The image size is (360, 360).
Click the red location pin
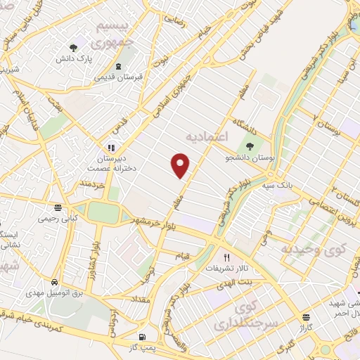[x=181, y=165]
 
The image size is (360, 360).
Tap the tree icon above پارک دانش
[x=74, y=48]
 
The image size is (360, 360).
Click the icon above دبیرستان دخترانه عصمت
[x=110, y=148]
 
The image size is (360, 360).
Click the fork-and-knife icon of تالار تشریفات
[x=226, y=257]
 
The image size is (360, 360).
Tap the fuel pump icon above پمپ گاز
[x=144, y=337]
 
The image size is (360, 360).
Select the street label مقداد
[x=138, y=300]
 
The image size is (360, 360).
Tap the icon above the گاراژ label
[x=305, y=318]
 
